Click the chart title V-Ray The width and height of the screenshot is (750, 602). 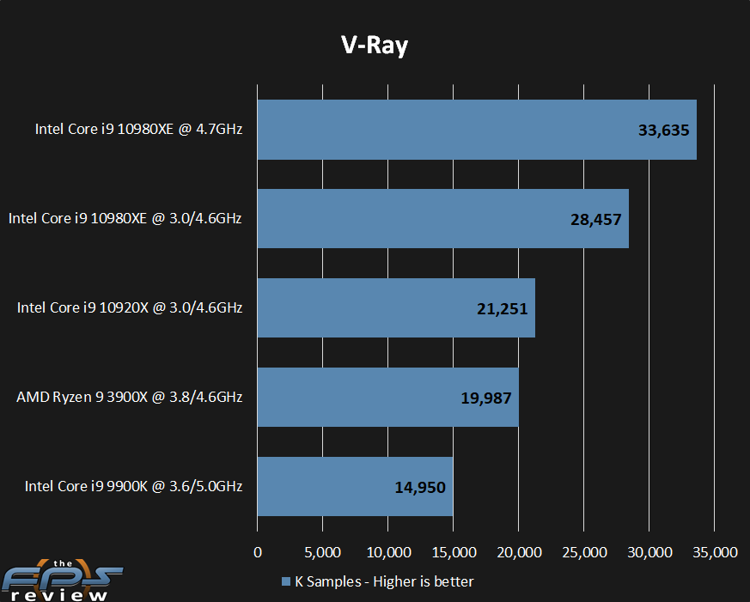(373, 46)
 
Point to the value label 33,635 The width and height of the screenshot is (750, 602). (664, 131)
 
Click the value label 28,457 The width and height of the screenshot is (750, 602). (596, 219)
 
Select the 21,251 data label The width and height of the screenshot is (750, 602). (503, 308)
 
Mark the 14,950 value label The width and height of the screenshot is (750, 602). (420, 487)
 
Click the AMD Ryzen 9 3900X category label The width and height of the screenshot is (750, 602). (129, 397)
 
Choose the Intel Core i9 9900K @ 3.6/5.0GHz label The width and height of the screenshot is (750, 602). (133, 486)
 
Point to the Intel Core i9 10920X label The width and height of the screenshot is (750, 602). (130, 307)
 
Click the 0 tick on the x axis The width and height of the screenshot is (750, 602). (258, 552)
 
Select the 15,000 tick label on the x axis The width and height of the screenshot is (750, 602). (453, 552)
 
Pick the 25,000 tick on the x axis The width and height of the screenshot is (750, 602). (583, 552)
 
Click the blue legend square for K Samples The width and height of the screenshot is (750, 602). (286, 581)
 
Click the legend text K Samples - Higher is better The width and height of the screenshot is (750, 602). (384, 581)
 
